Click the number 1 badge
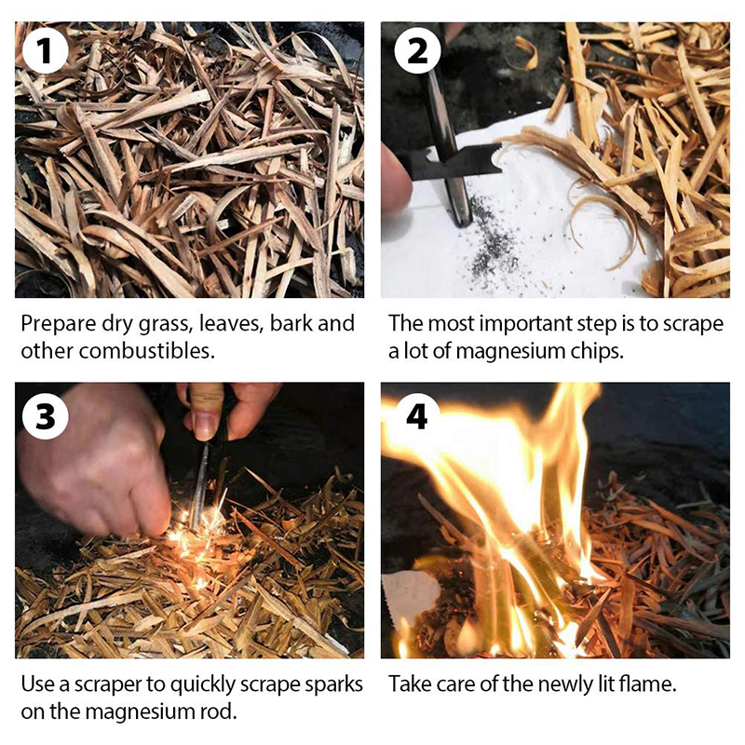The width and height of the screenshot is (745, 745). [x=45, y=50]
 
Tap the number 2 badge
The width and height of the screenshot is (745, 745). [x=416, y=50]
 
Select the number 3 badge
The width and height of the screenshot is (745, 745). [x=45, y=416]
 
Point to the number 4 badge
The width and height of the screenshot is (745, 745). [x=416, y=416]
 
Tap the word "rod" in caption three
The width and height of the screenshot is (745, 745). [x=222, y=711]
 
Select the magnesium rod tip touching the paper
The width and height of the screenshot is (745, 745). [x=463, y=218]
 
